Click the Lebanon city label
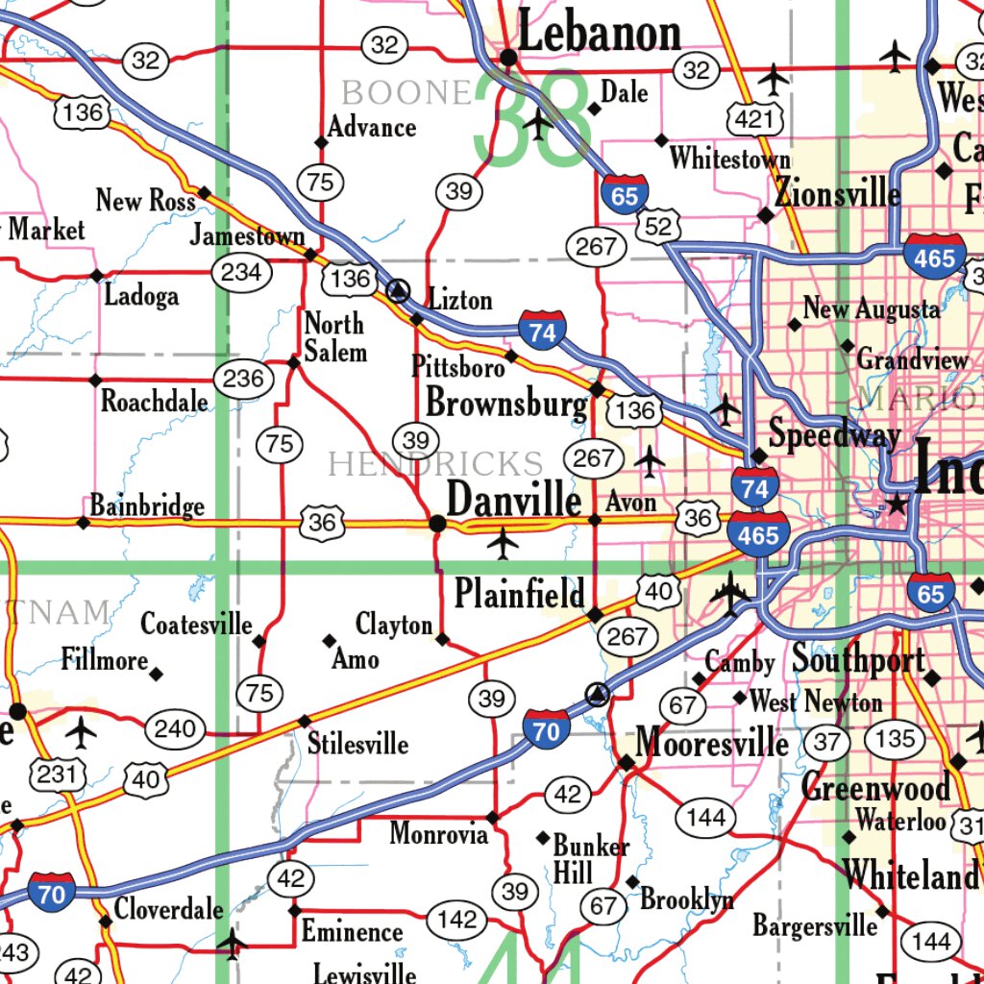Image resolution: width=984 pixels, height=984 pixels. coord(600,34)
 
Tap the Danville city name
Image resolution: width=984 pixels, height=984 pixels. coord(514,501)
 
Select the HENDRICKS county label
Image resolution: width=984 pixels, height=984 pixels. coord(435,464)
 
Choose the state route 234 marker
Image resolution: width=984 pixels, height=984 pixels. coord(240,272)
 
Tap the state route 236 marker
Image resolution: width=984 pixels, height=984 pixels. coord(242,379)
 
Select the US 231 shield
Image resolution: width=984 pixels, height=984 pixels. coord(59,773)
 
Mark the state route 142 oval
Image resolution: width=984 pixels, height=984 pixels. coord(456,920)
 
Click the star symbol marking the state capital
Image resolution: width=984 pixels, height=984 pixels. coord(897,503)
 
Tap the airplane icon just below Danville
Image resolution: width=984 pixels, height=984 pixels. coord(503,544)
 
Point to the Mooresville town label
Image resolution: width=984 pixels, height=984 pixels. coord(712,743)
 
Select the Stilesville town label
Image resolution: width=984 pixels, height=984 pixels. coord(357,744)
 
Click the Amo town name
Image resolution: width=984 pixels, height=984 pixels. coord(356,659)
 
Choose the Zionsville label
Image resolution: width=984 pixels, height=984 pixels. coord(837,193)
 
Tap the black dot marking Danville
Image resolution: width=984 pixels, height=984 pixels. coord(437,524)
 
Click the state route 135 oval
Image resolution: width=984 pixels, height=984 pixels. coord(895,739)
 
